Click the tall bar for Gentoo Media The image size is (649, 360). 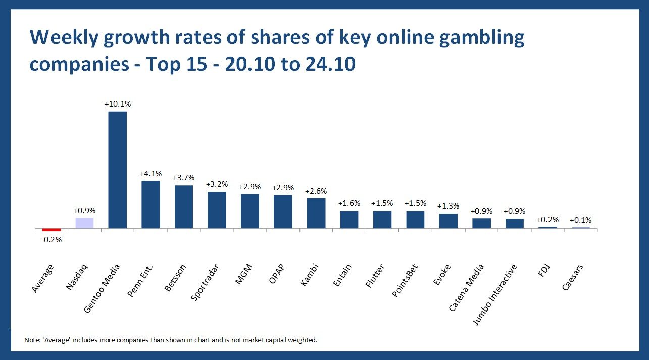(118, 170)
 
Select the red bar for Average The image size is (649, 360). (52, 230)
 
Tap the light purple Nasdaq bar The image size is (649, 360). (85, 223)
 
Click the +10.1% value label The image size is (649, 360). (118, 104)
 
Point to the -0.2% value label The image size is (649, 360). (52, 240)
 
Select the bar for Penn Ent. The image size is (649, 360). (151, 204)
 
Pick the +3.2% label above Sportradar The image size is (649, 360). (217, 184)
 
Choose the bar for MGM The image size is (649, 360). (250, 211)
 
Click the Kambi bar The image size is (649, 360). (316, 213)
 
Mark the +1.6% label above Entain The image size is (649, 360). (349, 203)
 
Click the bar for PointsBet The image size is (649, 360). (415, 220)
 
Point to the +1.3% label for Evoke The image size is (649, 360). (448, 206)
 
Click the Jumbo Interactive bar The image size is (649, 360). (515, 223)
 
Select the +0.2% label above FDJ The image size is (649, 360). (547, 220)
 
